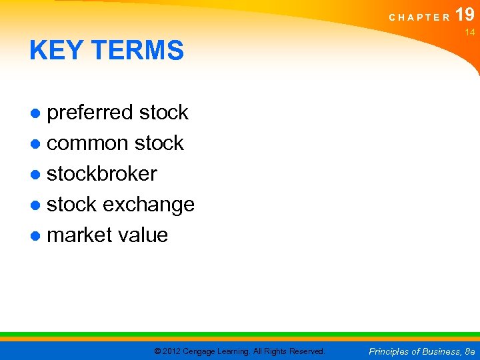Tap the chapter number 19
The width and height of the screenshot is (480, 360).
pyautogui.click(x=465, y=15)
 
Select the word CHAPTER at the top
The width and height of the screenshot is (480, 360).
pyautogui.click(x=420, y=17)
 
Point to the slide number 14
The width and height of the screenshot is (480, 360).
pyautogui.click(x=469, y=32)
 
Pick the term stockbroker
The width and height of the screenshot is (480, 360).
pyautogui.click(x=102, y=174)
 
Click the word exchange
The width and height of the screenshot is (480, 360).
pyautogui.click(x=148, y=205)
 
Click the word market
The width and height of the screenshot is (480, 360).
pyautogui.click(x=79, y=235)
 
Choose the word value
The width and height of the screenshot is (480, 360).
pyautogui.click(x=143, y=235)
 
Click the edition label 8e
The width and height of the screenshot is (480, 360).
pyautogui.click(x=469, y=351)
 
